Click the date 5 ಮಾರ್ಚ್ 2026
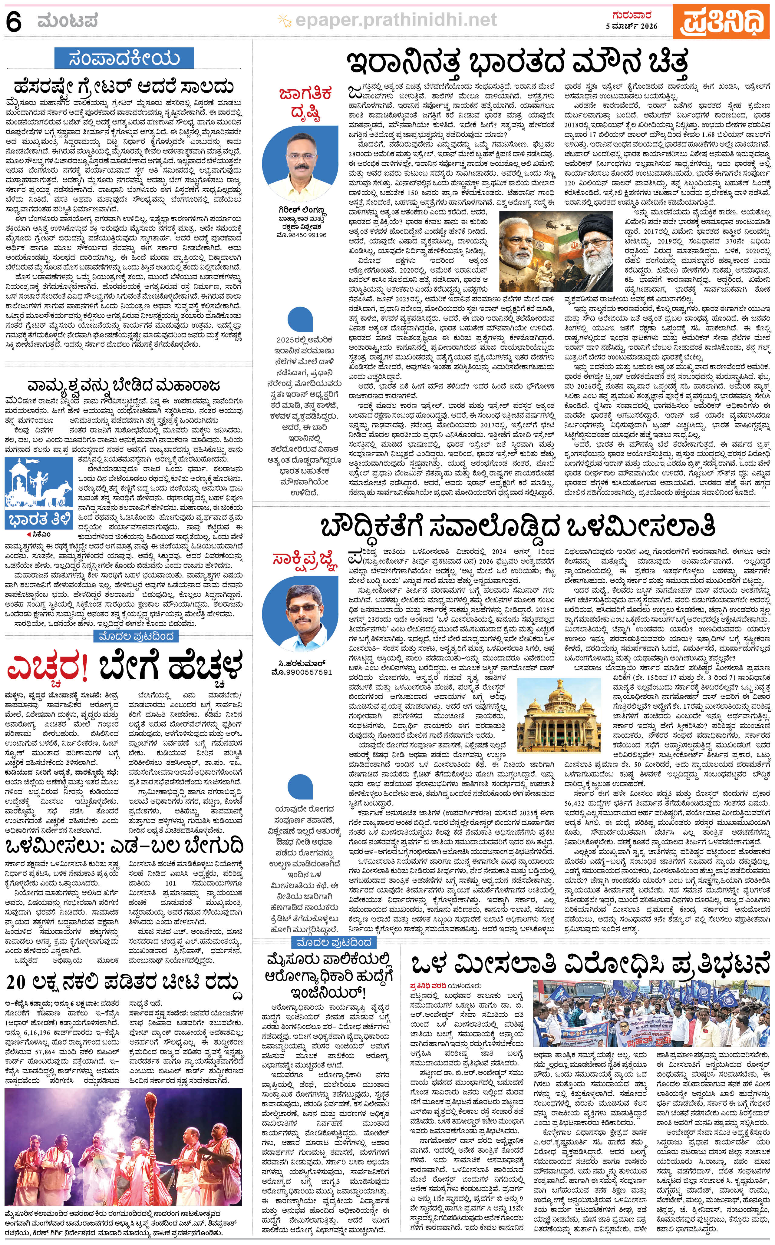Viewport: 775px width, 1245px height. click(x=634, y=26)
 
